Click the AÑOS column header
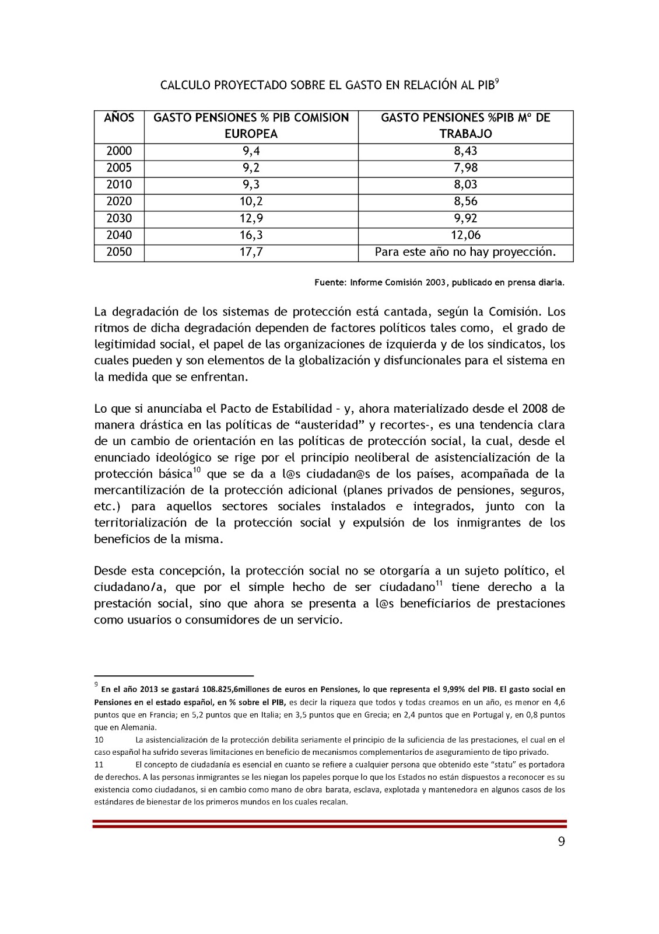coord(119,118)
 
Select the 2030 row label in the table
coord(119,218)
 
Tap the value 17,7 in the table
coord(251,252)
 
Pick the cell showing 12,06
coord(465,235)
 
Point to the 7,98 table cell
coord(465,168)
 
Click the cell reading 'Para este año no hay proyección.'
coord(465,252)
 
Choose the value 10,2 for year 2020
coord(251,201)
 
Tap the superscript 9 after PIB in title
coord(497,81)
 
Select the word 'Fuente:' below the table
coord(331,283)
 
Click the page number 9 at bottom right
coord(562,841)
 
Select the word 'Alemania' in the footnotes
coord(139,727)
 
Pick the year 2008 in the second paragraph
coord(534,409)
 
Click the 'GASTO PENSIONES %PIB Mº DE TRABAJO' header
coord(465,126)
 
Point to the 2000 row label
coord(119,151)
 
